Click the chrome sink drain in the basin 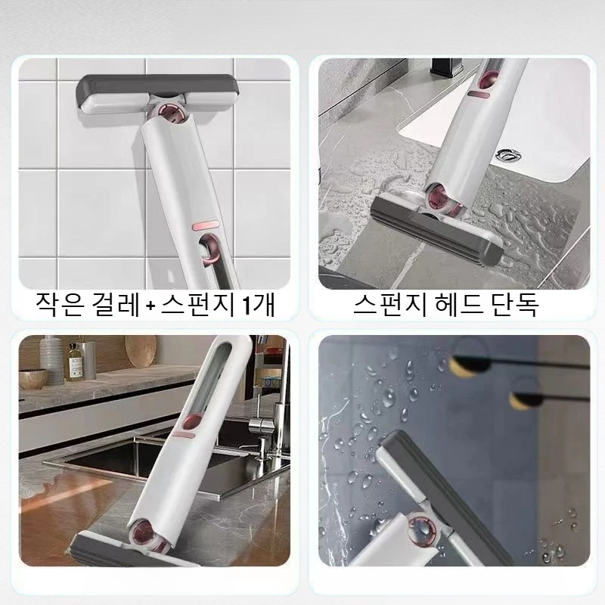(x=508, y=157)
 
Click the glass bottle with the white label (x=75, y=361)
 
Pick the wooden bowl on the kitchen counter (x=33, y=378)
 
